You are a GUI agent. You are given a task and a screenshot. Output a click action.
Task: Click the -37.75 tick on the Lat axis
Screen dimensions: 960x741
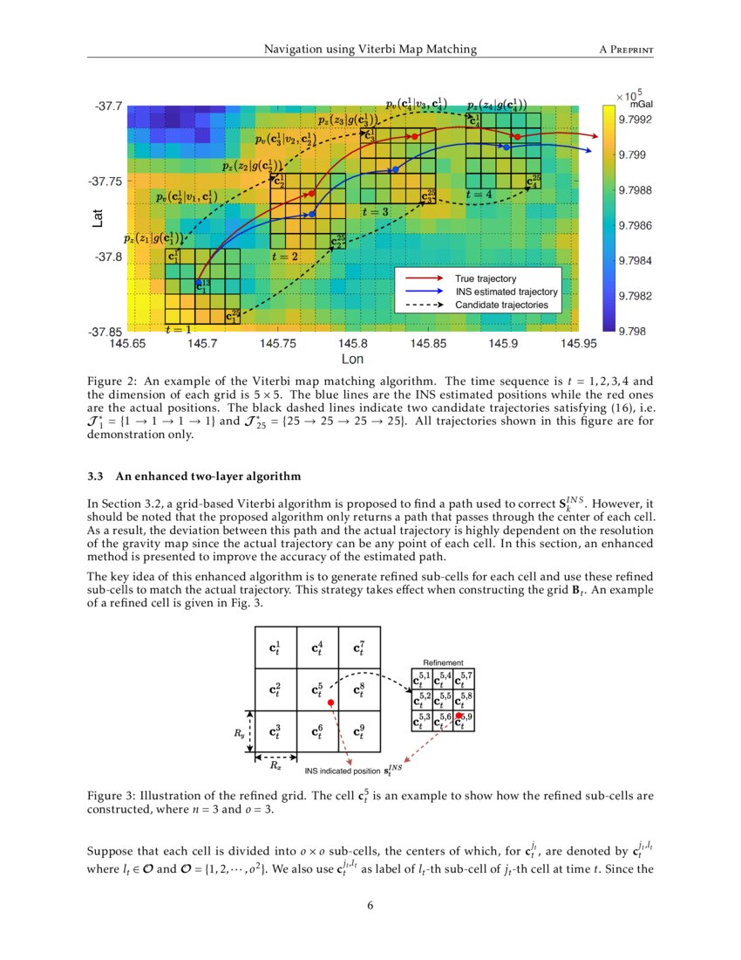(107, 181)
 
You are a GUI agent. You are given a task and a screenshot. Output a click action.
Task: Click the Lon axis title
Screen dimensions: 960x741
(352, 359)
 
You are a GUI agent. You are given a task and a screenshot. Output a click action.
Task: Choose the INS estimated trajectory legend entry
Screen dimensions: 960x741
(506, 291)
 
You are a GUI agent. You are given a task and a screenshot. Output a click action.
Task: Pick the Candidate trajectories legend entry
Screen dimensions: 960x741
(501, 305)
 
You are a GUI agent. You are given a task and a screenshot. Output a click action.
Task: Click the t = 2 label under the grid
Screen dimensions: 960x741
(284, 257)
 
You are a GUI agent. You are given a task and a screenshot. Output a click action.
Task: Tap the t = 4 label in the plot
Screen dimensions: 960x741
(479, 194)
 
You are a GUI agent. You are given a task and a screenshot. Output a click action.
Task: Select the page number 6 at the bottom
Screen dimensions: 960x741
(370, 905)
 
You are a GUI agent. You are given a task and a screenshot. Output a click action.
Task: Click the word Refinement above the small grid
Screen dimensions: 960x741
(443, 663)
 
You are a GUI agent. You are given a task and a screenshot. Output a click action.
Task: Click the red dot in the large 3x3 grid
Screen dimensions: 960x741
(331, 702)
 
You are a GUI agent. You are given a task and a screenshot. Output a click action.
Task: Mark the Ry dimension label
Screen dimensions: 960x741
(241, 733)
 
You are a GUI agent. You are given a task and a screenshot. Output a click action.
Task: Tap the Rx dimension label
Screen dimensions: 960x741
(275, 766)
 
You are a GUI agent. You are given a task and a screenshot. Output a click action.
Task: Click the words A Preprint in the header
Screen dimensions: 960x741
(627, 49)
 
